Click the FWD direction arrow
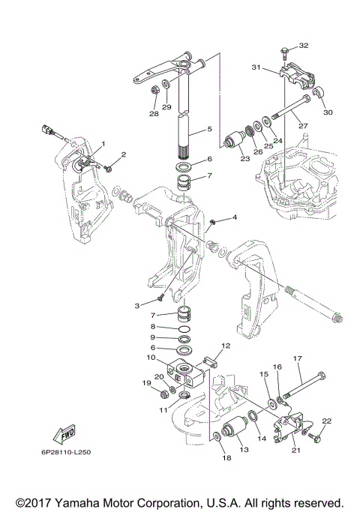[x=64, y=434]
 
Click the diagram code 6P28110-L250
[x=66, y=453]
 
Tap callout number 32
[x=304, y=46]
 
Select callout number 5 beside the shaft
[x=210, y=129]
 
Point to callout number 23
[x=244, y=159]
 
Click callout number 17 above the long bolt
[x=297, y=358]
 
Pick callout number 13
[x=244, y=450]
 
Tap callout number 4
[x=234, y=217]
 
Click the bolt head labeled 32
[x=283, y=51]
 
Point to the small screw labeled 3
[x=160, y=298]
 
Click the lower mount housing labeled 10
[x=185, y=373]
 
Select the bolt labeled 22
[x=315, y=434]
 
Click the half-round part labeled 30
[x=318, y=92]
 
